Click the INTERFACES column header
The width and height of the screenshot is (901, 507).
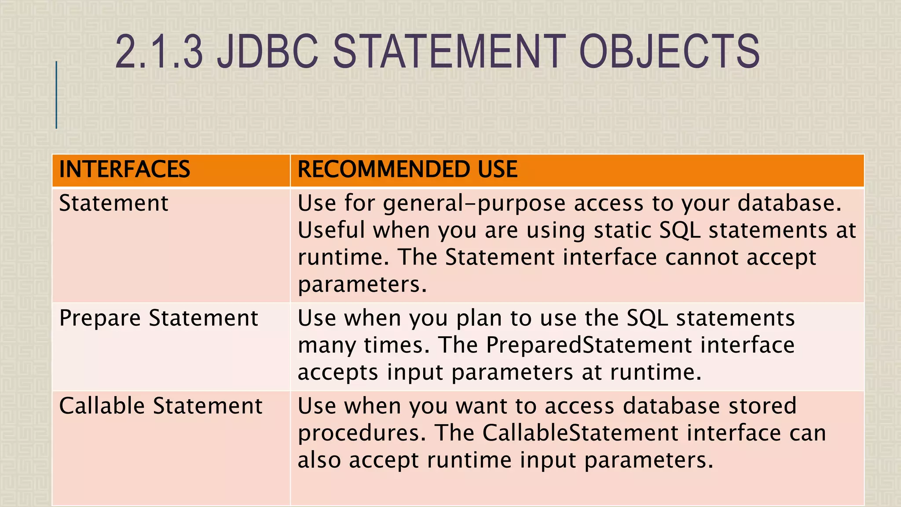coord(125,169)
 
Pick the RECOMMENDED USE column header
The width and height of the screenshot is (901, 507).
coord(407,169)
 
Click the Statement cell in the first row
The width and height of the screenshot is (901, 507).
coord(114,203)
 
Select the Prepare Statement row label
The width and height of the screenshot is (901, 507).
coord(158,318)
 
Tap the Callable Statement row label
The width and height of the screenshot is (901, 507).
coord(161,406)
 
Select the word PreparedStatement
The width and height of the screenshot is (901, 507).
coord(589,345)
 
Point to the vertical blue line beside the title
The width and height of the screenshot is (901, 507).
coord(56,95)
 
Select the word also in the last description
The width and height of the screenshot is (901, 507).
coord(319,460)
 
